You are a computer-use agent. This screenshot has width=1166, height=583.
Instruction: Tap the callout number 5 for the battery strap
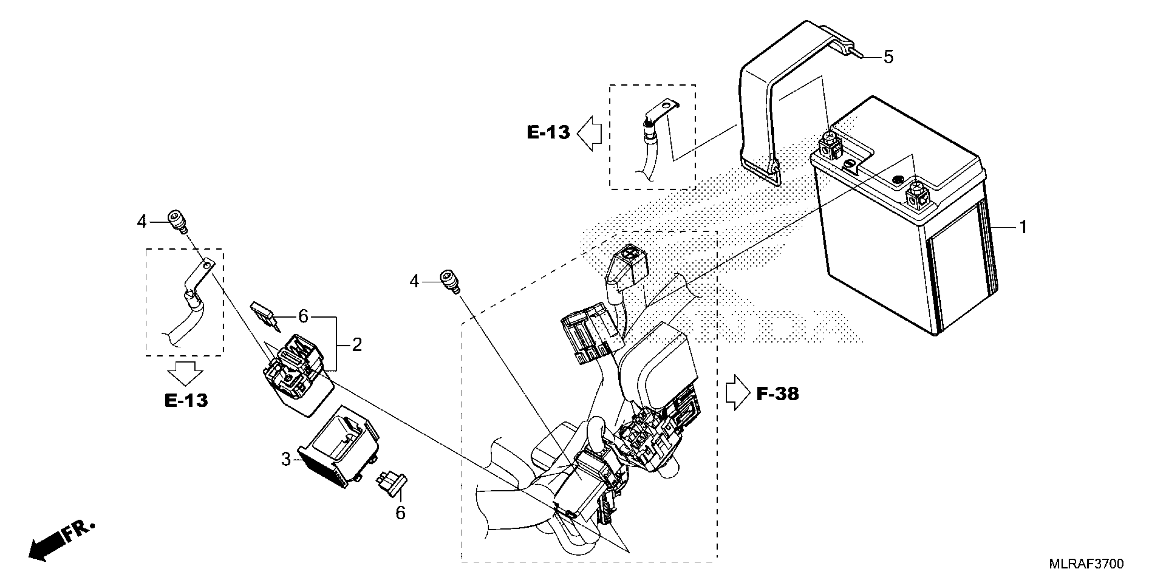coord(889,58)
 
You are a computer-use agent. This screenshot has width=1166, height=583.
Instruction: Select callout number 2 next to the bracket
coord(357,345)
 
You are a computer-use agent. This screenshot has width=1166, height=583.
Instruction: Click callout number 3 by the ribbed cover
coord(286,459)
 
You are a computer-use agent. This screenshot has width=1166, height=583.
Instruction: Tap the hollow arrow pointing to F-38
coord(738,392)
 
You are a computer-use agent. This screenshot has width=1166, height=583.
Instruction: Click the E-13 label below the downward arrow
coord(186,401)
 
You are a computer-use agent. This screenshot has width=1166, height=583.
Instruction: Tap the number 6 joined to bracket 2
coord(303,317)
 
